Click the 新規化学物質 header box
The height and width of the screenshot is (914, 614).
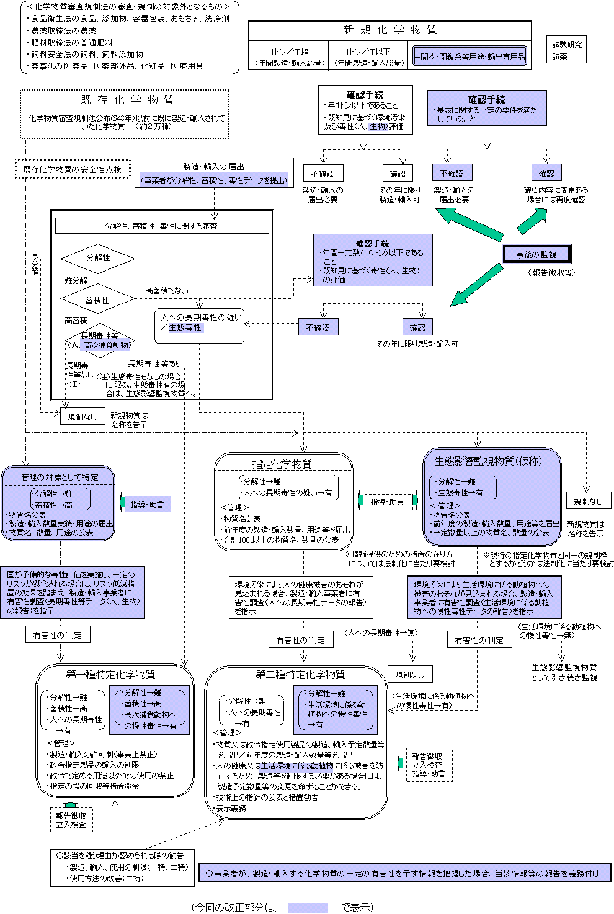390,30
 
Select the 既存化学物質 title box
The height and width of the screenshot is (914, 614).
125,100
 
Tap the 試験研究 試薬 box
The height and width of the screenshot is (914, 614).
567,50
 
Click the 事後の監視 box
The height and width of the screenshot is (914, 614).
536,254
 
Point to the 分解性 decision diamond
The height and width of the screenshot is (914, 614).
97,258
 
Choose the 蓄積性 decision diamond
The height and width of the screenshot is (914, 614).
97,300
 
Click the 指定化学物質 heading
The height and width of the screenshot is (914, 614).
283,464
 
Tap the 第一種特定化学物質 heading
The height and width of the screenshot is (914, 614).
110,674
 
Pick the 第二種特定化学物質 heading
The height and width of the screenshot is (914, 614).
300,674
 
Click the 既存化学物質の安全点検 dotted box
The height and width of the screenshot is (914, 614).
73,169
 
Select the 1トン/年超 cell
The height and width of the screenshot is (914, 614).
289,57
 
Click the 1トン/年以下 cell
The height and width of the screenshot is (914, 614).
368,57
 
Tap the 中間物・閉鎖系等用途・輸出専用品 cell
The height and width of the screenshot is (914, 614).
469,56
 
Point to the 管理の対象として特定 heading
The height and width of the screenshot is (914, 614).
59,477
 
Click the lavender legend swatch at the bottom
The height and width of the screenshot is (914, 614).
308,908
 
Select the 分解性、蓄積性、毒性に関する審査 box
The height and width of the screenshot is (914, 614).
162,226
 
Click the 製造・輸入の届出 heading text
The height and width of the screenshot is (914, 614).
214,166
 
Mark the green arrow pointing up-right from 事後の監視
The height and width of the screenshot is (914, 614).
532,220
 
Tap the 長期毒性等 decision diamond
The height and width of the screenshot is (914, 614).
100,340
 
